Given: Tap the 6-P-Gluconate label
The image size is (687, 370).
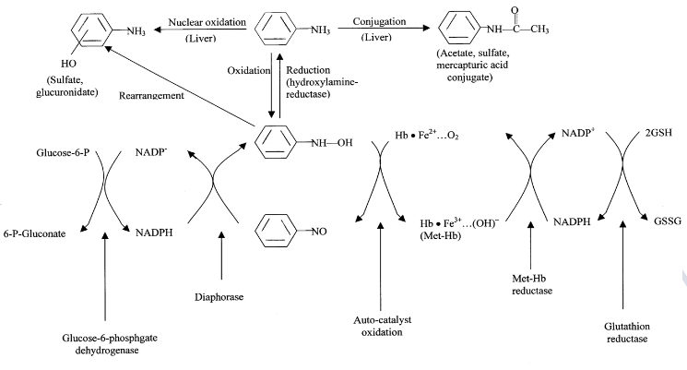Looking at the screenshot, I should [x=36, y=233].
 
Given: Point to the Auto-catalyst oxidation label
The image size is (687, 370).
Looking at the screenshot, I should [x=382, y=325].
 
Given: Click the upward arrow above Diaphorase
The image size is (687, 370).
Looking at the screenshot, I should [x=221, y=259].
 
